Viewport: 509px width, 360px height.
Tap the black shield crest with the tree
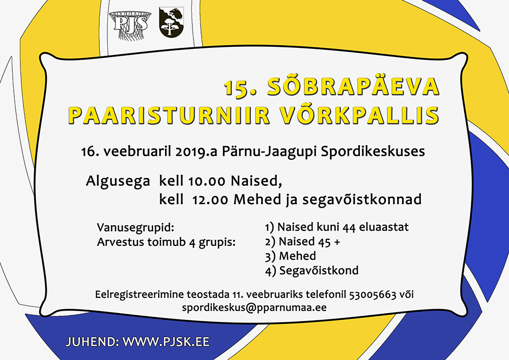point(172,22)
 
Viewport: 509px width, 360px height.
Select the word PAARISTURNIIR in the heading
point(169,115)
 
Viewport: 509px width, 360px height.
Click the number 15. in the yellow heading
point(240,88)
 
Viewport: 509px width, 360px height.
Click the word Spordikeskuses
point(373,152)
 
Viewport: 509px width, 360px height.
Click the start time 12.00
point(210,200)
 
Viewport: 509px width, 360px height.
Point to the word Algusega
point(118,181)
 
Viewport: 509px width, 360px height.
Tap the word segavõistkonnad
point(362,200)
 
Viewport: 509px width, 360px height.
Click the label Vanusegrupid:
point(136,228)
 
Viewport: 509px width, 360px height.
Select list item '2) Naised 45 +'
point(302,241)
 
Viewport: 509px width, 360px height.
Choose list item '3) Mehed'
point(291,256)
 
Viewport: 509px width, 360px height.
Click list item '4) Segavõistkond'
point(312,270)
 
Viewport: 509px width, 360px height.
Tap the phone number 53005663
point(373,295)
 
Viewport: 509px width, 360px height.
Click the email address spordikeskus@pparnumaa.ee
point(254,308)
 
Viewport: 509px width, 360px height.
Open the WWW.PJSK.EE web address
point(166,342)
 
